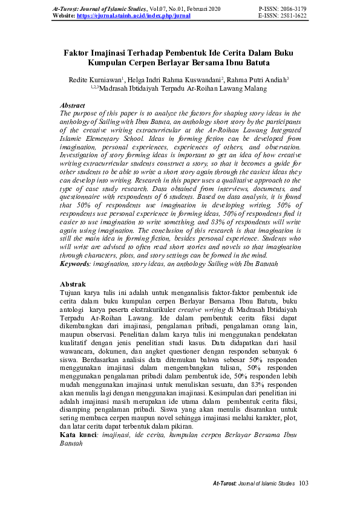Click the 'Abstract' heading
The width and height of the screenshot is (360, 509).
click(x=73, y=105)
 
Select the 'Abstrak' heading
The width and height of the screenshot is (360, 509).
click(x=73, y=284)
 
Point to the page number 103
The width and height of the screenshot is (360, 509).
click(x=304, y=483)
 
